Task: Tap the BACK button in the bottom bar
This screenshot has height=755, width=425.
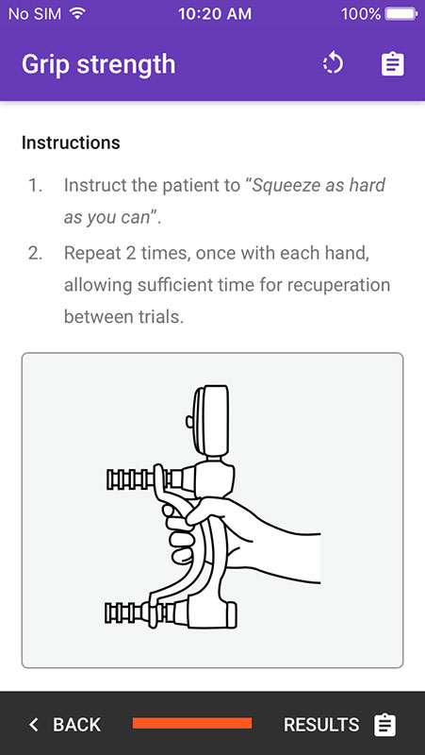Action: [x=64, y=724]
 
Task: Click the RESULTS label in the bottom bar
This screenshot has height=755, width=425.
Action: [x=321, y=724]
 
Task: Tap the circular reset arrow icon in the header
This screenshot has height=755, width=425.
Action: [x=333, y=64]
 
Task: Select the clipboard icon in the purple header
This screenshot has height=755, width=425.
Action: [x=393, y=64]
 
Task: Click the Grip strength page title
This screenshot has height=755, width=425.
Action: [x=99, y=64]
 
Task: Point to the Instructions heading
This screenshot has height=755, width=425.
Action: [x=71, y=143]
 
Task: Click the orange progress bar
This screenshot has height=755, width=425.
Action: [x=192, y=723]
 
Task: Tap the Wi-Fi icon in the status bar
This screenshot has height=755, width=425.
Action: [x=76, y=13]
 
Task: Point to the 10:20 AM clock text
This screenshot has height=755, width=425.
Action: [x=215, y=13]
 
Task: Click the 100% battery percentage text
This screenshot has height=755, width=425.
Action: [x=361, y=13]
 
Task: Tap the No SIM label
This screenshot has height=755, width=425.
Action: [x=35, y=13]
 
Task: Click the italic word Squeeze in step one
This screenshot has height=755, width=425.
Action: [x=281, y=185]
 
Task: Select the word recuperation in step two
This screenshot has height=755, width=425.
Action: [x=345, y=285]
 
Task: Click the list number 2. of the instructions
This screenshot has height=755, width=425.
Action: [x=35, y=253]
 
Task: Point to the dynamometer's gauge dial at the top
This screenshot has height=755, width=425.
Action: [x=210, y=420]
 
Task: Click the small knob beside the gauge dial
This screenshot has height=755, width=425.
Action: [x=189, y=421]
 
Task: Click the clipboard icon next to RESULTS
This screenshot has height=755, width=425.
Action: [x=385, y=725]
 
